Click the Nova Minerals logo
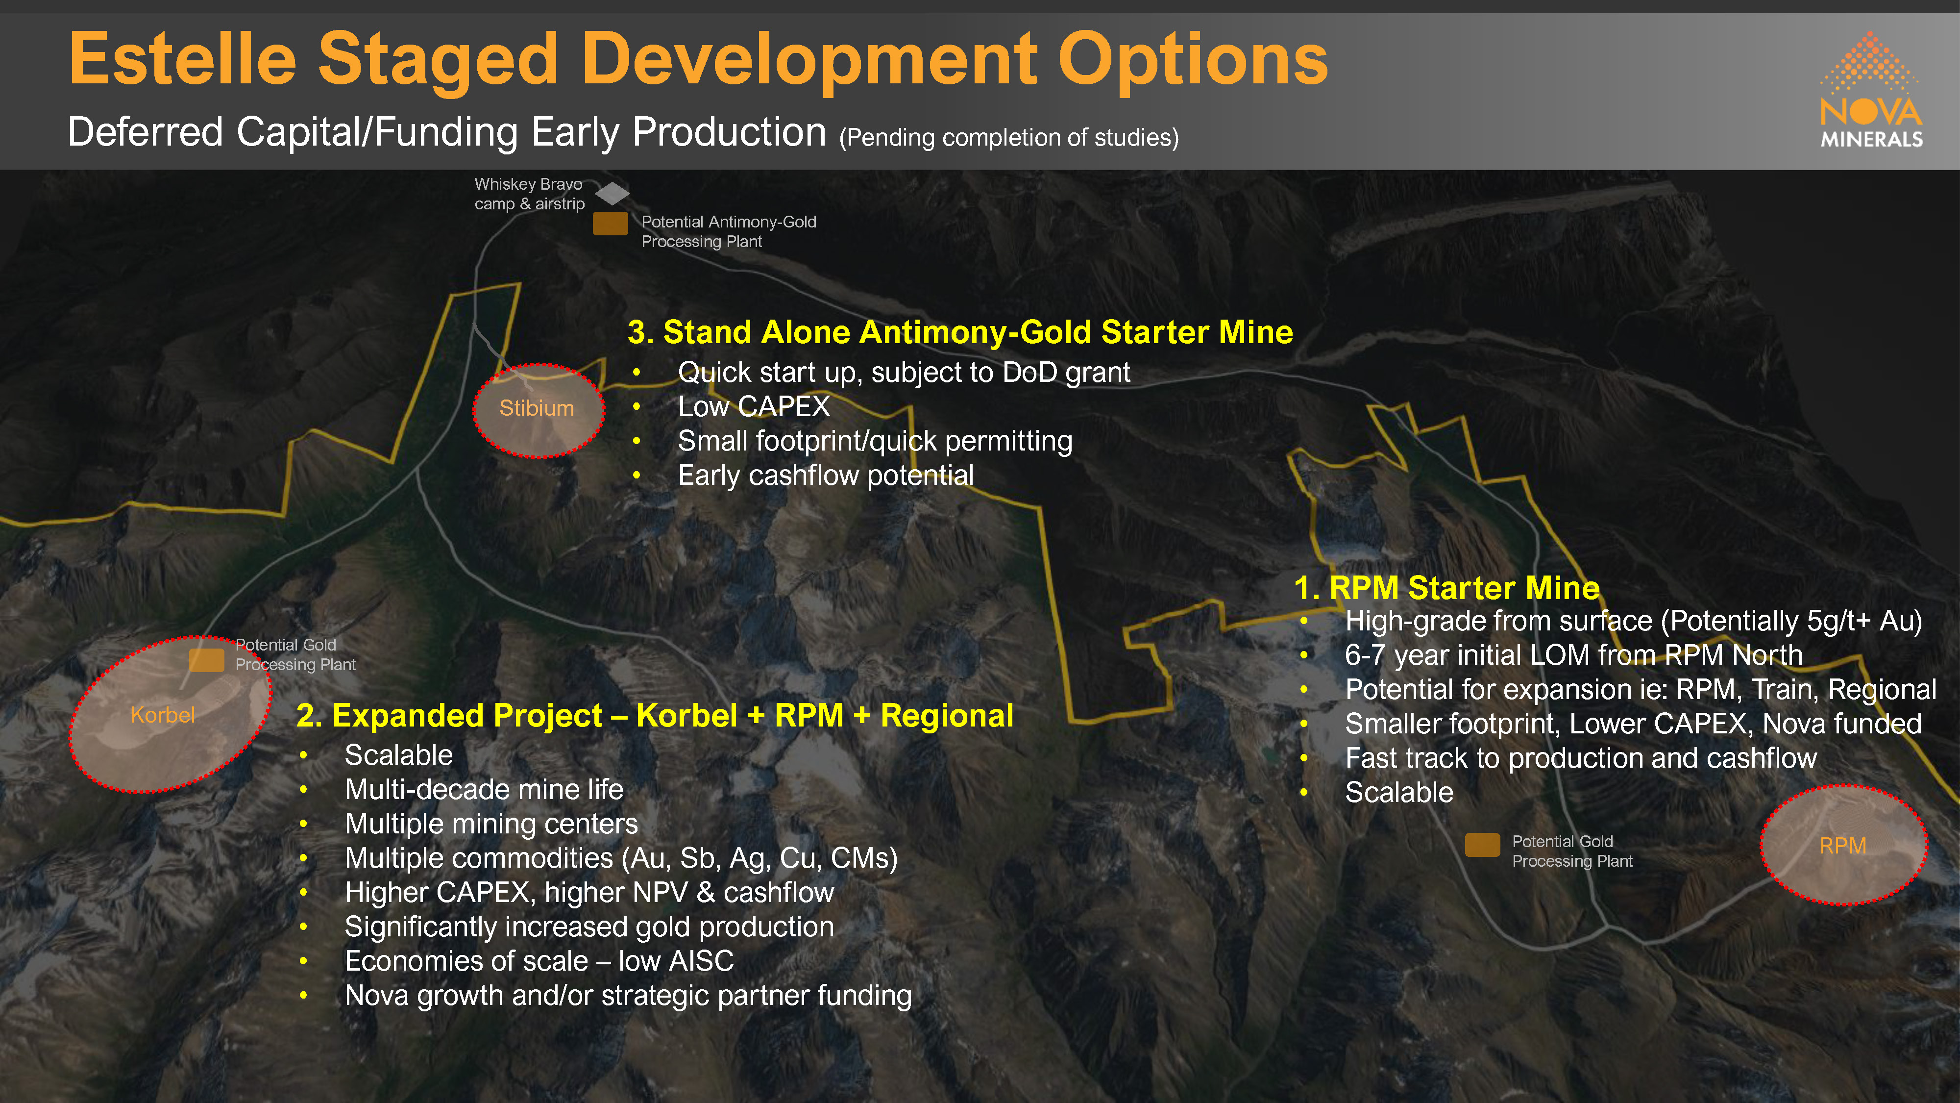click(x=1871, y=89)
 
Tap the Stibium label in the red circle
click(x=537, y=409)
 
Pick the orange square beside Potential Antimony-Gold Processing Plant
click(x=610, y=224)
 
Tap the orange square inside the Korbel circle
click(x=206, y=660)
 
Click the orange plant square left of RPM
click(x=1482, y=845)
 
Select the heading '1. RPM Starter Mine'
click(x=1446, y=588)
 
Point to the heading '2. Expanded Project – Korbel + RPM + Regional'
click(x=654, y=716)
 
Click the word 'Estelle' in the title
click(x=183, y=59)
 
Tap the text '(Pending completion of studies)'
click(x=1009, y=138)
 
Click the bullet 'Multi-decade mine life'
click(x=484, y=789)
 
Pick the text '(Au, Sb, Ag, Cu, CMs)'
click(x=759, y=859)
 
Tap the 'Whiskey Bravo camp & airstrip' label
click(x=530, y=194)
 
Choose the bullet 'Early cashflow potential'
click(x=826, y=476)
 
